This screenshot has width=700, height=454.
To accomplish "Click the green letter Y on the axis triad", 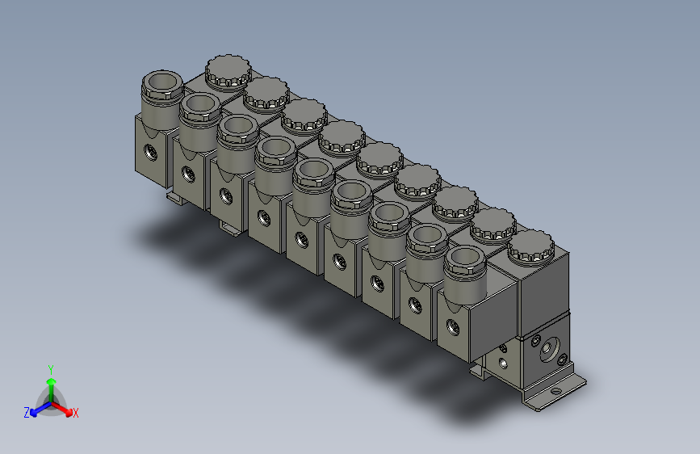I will click(x=50, y=368).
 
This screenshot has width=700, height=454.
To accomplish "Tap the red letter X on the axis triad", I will click(x=76, y=414).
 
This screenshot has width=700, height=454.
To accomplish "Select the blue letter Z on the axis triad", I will click(x=27, y=413).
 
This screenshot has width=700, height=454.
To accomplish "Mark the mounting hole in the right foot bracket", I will click(x=555, y=391).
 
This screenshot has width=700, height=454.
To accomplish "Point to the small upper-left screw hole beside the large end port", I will click(x=534, y=341).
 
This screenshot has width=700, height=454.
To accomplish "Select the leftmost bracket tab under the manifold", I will click(x=175, y=198).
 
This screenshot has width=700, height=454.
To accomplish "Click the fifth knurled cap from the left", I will click(x=379, y=158).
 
